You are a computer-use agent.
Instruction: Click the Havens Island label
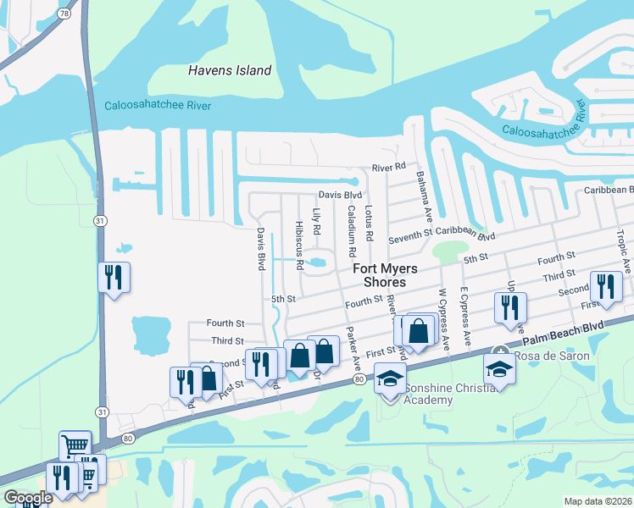[230, 71]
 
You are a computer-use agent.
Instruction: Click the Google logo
[28, 498]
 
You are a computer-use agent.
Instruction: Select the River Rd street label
[389, 167]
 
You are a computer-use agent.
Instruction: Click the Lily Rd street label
[315, 221]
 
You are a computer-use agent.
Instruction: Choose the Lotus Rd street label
[368, 219]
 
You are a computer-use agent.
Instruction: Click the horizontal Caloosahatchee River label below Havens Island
[158, 106]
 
